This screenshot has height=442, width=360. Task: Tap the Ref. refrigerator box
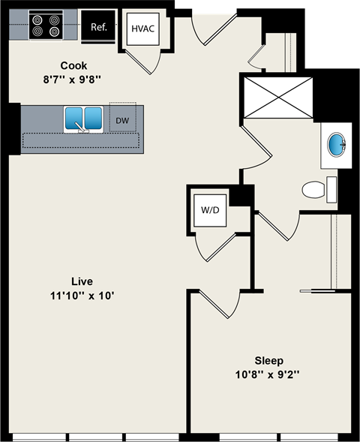tap(98, 27)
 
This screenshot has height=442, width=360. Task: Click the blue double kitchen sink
tap(82, 119)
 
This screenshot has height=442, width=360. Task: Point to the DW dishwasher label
tap(122, 120)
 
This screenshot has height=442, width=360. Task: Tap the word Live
tap(82, 281)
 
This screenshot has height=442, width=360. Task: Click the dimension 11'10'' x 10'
tap(82, 295)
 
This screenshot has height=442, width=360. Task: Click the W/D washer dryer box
tap(209, 209)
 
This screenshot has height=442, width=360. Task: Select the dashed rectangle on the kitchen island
tap(81, 141)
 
